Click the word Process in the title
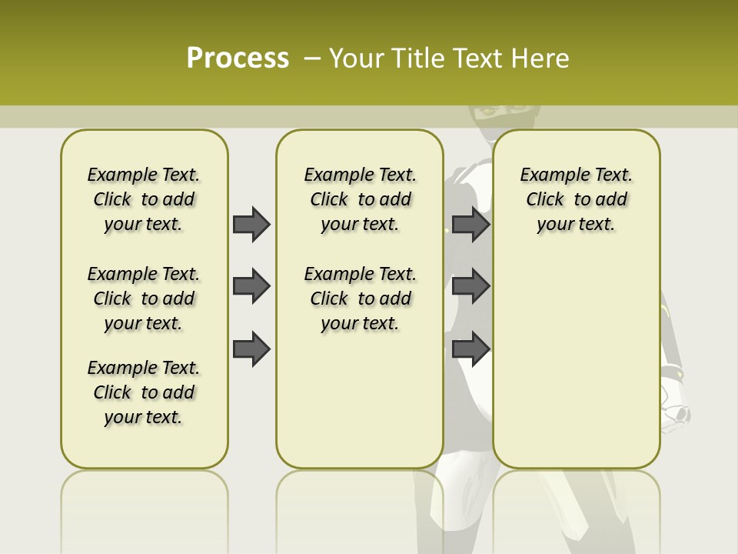[x=238, y=58]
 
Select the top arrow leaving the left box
[x=251, y=224]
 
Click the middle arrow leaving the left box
[x=251, y=286]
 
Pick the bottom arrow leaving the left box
[x=251, y=349]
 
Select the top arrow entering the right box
[x=470, y=224]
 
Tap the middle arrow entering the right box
[x=470, y=286]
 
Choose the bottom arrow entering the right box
[x=470, y=349]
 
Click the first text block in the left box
[x=144, y=199]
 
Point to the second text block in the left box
[x=144, y=299]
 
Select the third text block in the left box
[x=144, y=392]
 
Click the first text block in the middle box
[x=360, y=199]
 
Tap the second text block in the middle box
[x=360, y=299]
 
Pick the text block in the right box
[x=576, y=199]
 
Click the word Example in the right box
[x=548, y=175]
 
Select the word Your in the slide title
[x=350, y=58]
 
